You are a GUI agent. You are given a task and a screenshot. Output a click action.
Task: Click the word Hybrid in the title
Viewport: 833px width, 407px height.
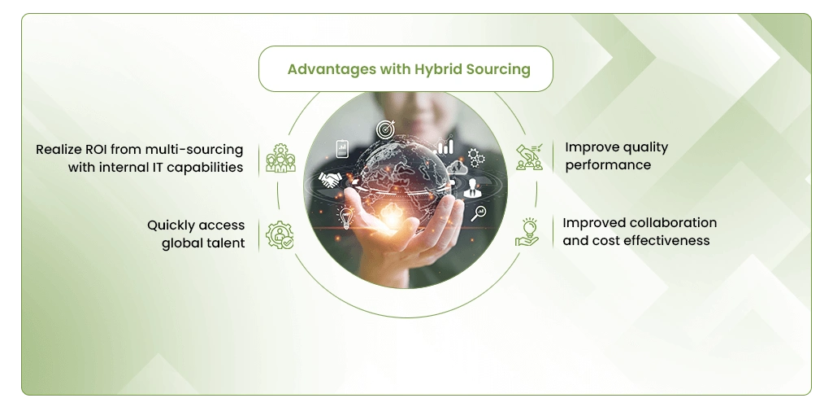438,70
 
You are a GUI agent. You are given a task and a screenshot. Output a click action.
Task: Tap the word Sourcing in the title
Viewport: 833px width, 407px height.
498,70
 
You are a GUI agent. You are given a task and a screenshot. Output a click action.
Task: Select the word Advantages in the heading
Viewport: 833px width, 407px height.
332,70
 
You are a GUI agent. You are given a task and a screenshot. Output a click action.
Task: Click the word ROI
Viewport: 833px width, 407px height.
97,150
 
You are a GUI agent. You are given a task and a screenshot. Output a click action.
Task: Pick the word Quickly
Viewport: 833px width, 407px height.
173,226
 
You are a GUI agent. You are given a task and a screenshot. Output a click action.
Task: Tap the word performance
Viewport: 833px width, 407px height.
608,165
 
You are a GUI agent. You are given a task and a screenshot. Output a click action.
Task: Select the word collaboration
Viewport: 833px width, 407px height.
673,222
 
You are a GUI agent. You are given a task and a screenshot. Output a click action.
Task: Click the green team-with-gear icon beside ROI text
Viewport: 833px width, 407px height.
280,158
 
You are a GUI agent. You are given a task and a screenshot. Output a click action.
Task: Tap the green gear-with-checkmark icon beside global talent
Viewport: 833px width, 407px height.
280,235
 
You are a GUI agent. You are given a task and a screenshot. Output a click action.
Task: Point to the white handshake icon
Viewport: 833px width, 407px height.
329,180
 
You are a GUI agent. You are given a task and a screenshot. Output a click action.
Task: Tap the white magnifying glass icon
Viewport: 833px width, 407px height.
478,213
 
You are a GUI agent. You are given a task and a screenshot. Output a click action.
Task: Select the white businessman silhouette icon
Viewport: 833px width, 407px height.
471,188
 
